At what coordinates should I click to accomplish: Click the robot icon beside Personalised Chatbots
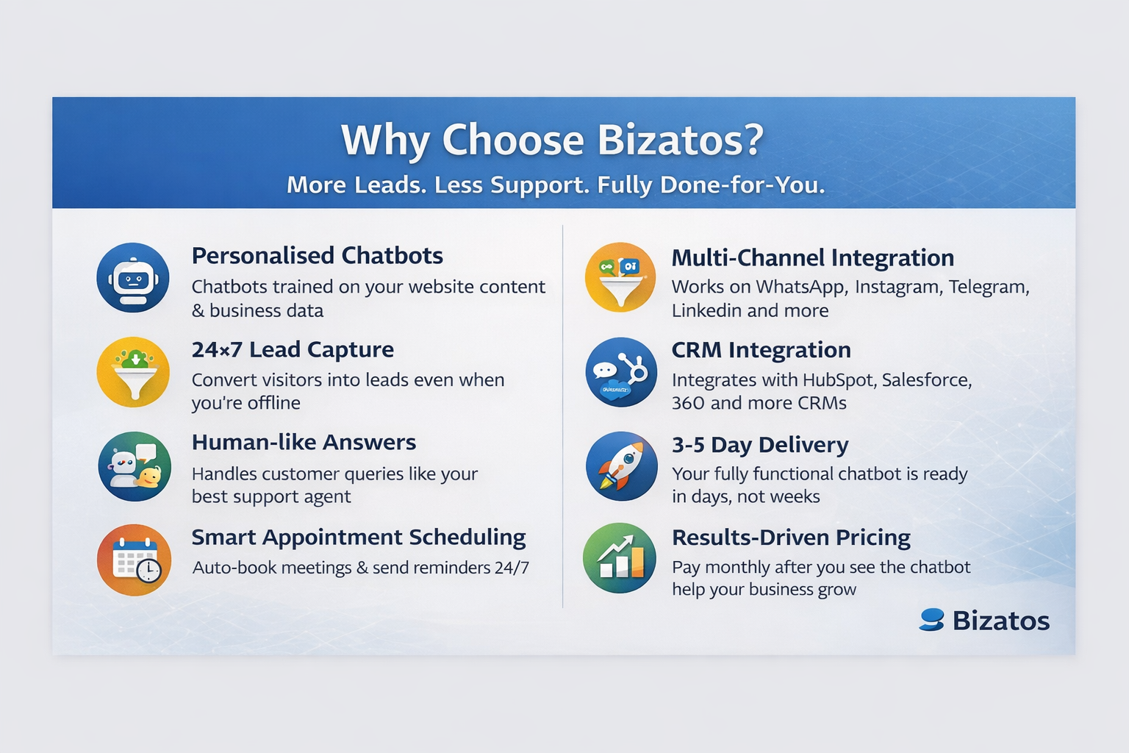(133, 278)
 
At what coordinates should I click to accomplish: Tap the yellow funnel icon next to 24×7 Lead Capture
(133, 371)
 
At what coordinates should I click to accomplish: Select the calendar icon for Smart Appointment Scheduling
(134, 560)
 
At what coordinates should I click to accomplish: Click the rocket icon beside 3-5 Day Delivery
(621, 466)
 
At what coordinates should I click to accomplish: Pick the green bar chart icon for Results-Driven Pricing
(619, 558)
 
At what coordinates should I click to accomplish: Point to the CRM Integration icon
(621, 372)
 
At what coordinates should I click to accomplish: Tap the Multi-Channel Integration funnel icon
(620, 278)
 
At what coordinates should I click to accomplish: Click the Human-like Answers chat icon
(135, 466)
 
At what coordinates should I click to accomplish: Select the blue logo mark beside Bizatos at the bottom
(931, 620)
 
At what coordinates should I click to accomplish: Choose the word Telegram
(989, 287)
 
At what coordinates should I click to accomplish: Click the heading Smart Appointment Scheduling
(359, 538)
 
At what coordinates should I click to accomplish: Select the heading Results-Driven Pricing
(791, 538)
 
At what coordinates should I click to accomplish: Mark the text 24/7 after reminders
(512, 568)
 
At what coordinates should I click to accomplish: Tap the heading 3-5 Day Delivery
(760, 445)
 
